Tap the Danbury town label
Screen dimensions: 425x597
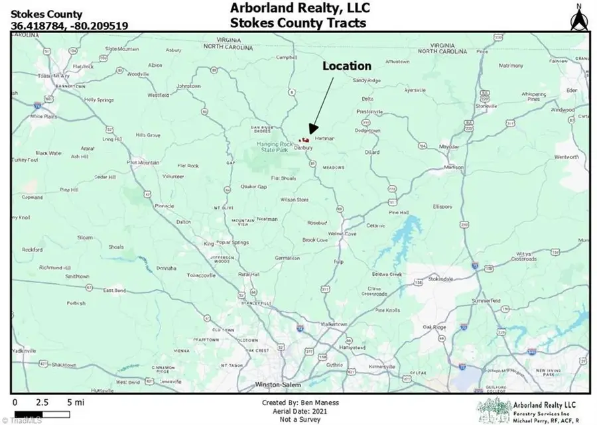pos(303,148)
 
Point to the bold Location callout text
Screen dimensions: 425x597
pos(346,66)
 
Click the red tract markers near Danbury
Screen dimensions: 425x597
pos(304,140)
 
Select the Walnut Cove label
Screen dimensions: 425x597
pos(343,233)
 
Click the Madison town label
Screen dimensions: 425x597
pos(454,167)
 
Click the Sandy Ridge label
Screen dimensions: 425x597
pos(367,80)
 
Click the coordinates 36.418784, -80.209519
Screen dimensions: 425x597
pos(70,26)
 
